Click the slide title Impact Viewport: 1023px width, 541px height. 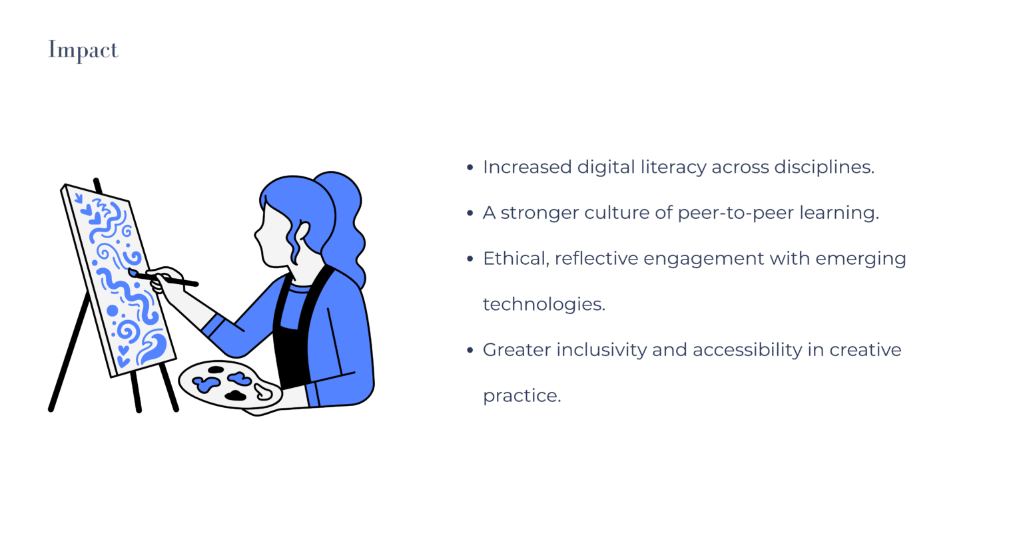coord(83,50)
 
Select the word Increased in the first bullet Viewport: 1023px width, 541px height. coord(527,167)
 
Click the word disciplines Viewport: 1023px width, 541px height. coord(824,168)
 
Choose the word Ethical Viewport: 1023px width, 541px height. coord(516,259)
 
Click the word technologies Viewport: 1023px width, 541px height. coord(544,304)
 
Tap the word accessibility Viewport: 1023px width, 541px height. coord(747,350)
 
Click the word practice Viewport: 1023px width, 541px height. coord(521,396)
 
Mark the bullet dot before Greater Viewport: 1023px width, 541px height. coord(470,350)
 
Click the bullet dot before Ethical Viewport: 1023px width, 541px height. coord(470,259)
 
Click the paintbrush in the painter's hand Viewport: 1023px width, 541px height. coord(163,277)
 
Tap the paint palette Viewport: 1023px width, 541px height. coord(230,385)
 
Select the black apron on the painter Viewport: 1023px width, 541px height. coord(297,329)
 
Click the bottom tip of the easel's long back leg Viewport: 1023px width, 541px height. coord(51,409)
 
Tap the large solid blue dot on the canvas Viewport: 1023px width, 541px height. coord(113,311)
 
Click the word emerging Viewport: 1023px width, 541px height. coord(861,259)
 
